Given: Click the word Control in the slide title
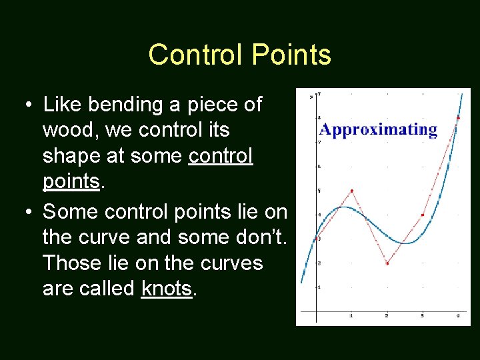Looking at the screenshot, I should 195,55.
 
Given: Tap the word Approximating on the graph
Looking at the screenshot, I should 378,129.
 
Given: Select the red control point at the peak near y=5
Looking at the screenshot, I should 351,191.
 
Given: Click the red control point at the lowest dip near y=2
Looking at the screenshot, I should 387,263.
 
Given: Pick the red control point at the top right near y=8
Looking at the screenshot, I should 458,118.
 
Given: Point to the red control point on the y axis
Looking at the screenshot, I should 316,238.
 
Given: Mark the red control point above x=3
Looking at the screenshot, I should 423,215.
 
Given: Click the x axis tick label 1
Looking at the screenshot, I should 351,315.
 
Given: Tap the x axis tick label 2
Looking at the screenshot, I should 387,315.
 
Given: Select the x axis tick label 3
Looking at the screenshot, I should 422,315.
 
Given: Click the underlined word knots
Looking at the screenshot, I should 167,289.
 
